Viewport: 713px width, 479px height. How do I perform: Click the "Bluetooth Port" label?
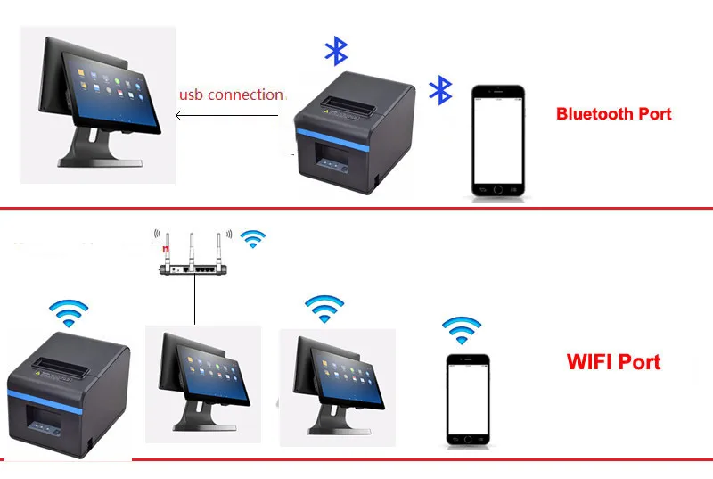(x=613, y=113)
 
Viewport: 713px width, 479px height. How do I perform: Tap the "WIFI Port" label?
(x=613, y=361)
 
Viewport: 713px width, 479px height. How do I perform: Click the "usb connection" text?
(x=231, y=94)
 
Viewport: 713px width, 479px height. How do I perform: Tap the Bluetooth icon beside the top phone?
(x=440, y=90)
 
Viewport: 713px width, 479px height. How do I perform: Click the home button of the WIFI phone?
(x=468, y=439)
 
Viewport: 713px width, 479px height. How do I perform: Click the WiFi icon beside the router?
(x=254, y=238)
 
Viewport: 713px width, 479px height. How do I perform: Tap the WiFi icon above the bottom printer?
(x=68, y=311)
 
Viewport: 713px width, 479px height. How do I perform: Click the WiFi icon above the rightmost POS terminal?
(x=324, y=309)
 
